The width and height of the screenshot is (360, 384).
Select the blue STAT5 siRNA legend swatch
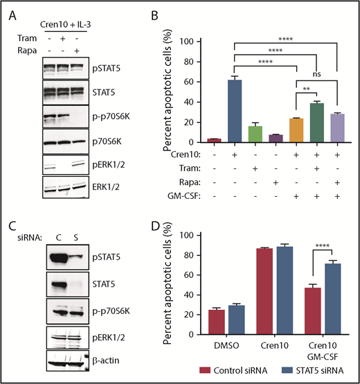(282, 373)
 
